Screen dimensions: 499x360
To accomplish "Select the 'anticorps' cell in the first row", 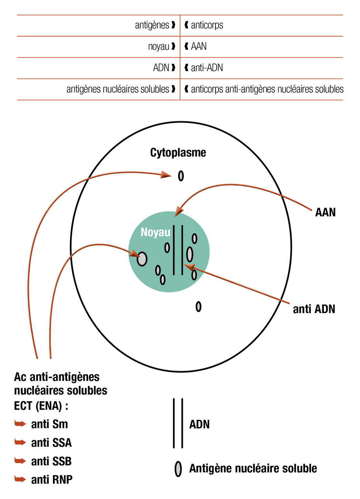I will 207,26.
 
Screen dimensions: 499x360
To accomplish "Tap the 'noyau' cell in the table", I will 159,47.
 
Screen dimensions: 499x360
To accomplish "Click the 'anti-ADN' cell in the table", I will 207,68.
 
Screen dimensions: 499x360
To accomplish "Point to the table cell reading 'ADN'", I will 161,68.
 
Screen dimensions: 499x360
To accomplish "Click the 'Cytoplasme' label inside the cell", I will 178,153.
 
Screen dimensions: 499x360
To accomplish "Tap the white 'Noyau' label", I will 155,232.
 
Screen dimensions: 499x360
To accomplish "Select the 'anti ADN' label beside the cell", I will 314,309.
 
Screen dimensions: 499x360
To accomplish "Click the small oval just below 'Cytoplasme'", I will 181,176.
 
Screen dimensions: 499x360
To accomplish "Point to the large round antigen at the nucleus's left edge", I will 142,258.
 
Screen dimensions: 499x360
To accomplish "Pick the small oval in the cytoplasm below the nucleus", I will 198,307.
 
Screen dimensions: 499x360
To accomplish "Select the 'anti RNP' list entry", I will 52,480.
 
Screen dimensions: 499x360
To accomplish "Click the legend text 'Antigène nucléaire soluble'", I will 253,468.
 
